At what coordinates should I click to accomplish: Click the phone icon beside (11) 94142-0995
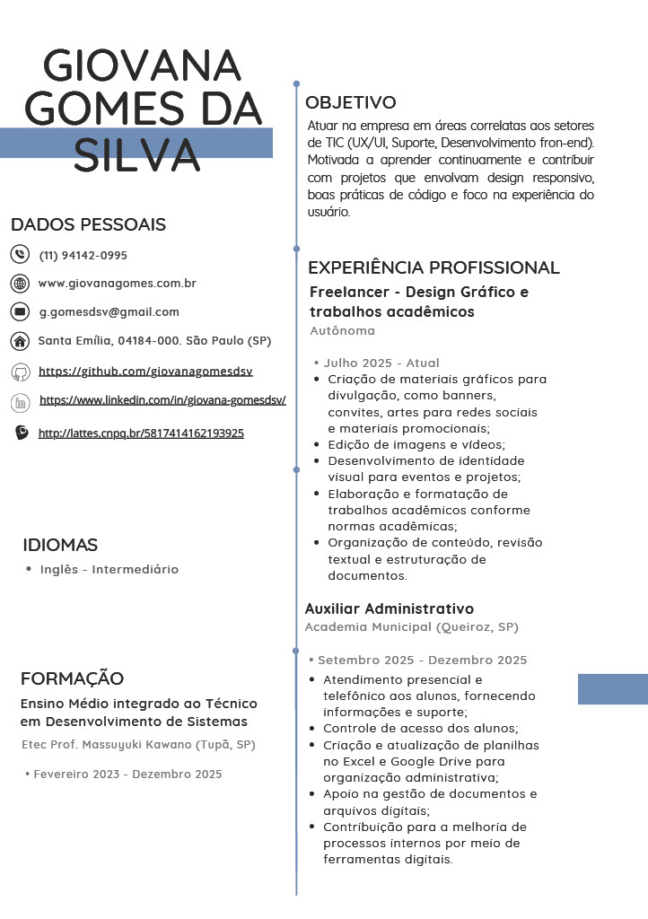coord(20,255)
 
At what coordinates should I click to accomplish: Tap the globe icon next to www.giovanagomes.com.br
coord(20,284)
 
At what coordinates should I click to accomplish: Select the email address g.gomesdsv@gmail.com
coord(109,312)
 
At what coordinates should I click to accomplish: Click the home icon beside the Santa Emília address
coord(20,341)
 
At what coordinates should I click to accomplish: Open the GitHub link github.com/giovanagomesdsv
coord(146,371)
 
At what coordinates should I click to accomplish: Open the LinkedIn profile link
coord(162,400)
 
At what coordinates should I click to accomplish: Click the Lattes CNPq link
coord(141,433)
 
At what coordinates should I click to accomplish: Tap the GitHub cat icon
coord(20,372)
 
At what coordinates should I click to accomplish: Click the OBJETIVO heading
coord(350,102)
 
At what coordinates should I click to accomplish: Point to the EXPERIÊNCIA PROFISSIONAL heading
coord(433,267)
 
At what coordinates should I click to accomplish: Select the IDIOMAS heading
coord(60,545)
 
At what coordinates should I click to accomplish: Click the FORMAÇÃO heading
coord(72,678)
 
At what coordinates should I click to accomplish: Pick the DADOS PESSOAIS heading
coord(88,224)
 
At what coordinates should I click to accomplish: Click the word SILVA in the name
coord(136,154)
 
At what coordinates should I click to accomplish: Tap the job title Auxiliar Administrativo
coord(389,608)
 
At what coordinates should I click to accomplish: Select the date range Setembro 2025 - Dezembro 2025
coord(422,661)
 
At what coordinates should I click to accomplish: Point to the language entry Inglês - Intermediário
coord(109,569)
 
